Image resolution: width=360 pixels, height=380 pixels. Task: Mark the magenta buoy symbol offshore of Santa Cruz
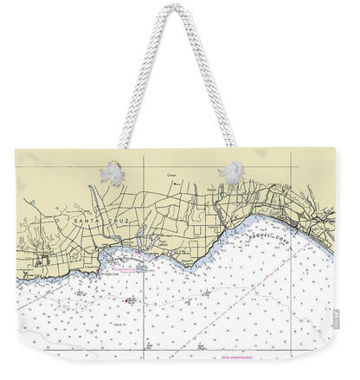click(130, 299)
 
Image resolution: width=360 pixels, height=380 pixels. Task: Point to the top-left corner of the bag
click(16, 151)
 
